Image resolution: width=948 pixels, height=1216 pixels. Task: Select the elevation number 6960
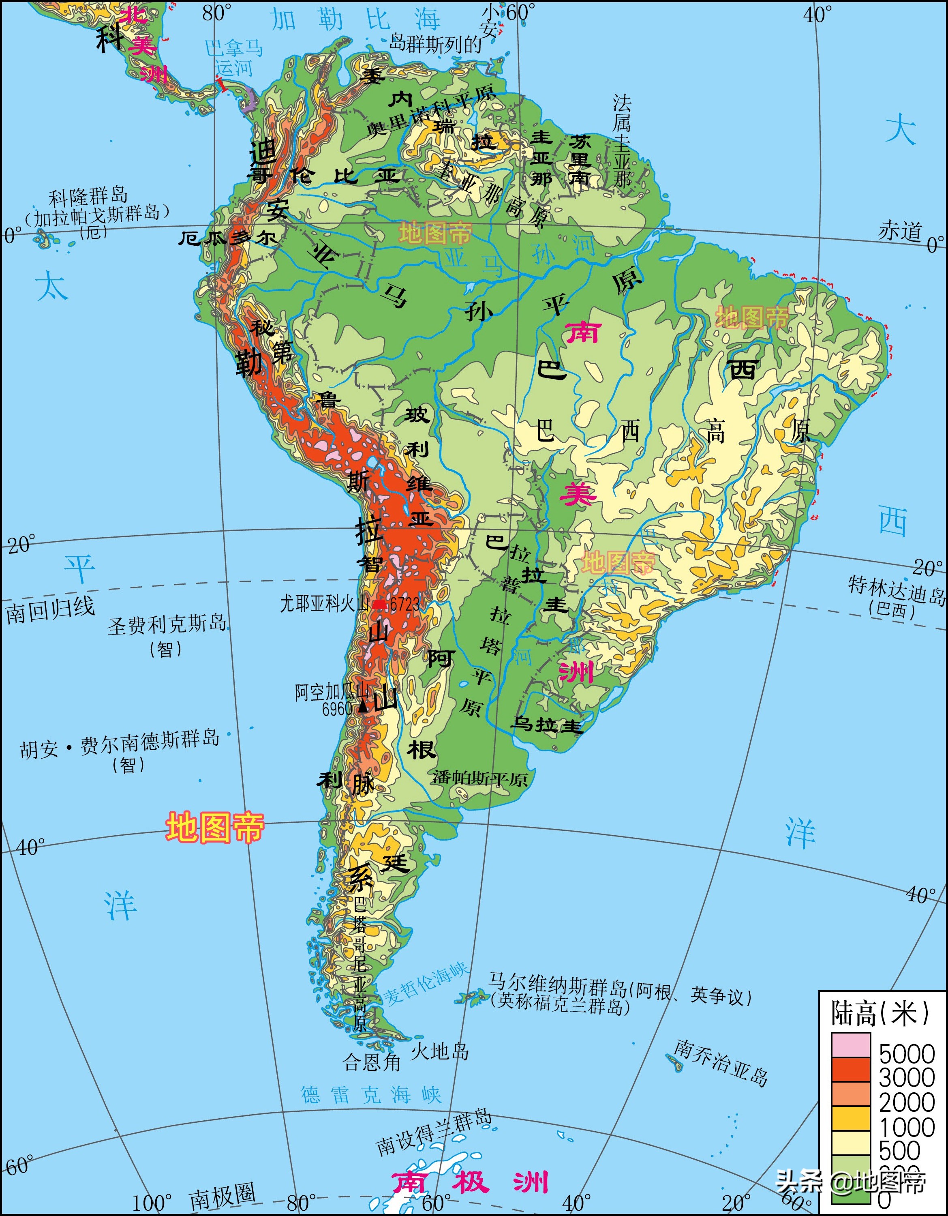coord(337,709)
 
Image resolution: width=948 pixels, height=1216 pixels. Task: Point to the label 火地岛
coord(440,1051)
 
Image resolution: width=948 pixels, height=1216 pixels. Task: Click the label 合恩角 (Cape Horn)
coord(371,1062)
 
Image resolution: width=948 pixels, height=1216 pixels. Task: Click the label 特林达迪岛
coord(896,590)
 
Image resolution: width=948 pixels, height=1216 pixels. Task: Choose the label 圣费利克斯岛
coord(167,625)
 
